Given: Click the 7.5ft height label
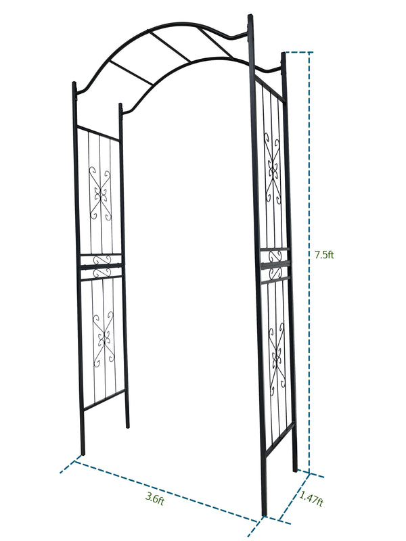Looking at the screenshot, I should (325, 255).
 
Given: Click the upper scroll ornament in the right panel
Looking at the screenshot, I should (273, 169).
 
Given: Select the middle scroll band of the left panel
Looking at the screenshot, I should (101, 265).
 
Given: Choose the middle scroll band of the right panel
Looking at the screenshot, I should (275, 264).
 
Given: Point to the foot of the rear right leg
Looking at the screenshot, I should (294, 469).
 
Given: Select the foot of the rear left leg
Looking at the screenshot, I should (127, 426).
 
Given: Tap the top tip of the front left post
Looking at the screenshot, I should (73, 84).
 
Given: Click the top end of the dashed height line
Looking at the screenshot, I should (310, 53).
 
